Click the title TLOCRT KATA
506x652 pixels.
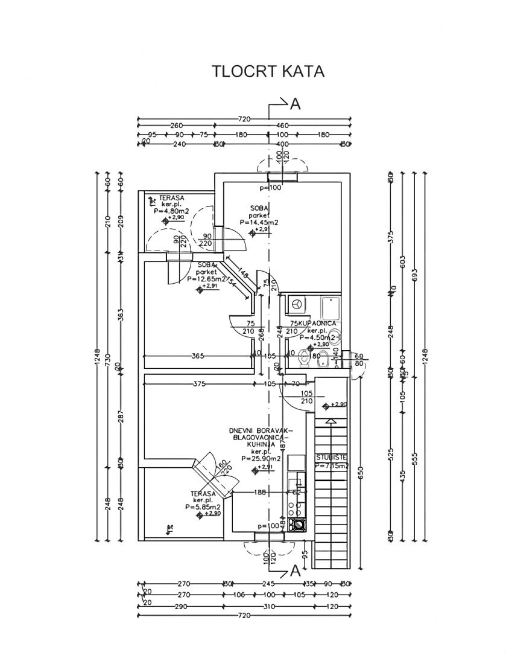point(268,72)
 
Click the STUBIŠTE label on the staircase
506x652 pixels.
point(331,458)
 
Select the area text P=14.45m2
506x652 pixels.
point(258,222)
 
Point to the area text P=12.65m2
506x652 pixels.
point(206,280)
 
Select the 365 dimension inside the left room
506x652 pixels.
point(197,356)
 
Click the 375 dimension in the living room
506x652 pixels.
point(199,383)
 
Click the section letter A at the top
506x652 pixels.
point(295,104)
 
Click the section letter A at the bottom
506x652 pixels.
point(295,570)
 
